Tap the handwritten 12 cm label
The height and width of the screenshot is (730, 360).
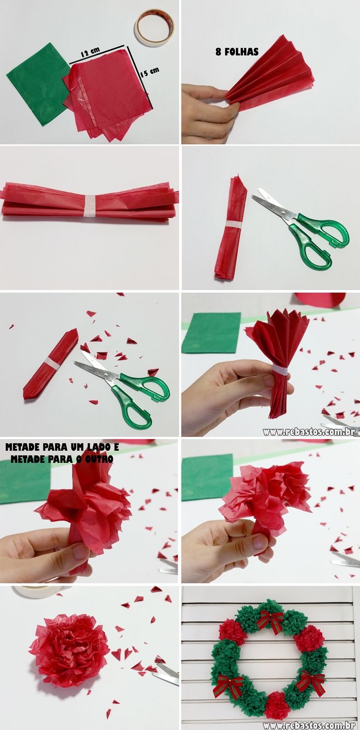pyautogui.click(x=90, y=52)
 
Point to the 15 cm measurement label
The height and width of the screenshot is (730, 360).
pyautogui.click(x=149, y=72)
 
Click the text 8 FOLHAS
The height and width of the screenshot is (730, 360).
pyautogui.click(x=237, y=52)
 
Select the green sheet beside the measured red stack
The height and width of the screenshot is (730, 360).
pyautogui.click(x=37, y=83)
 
